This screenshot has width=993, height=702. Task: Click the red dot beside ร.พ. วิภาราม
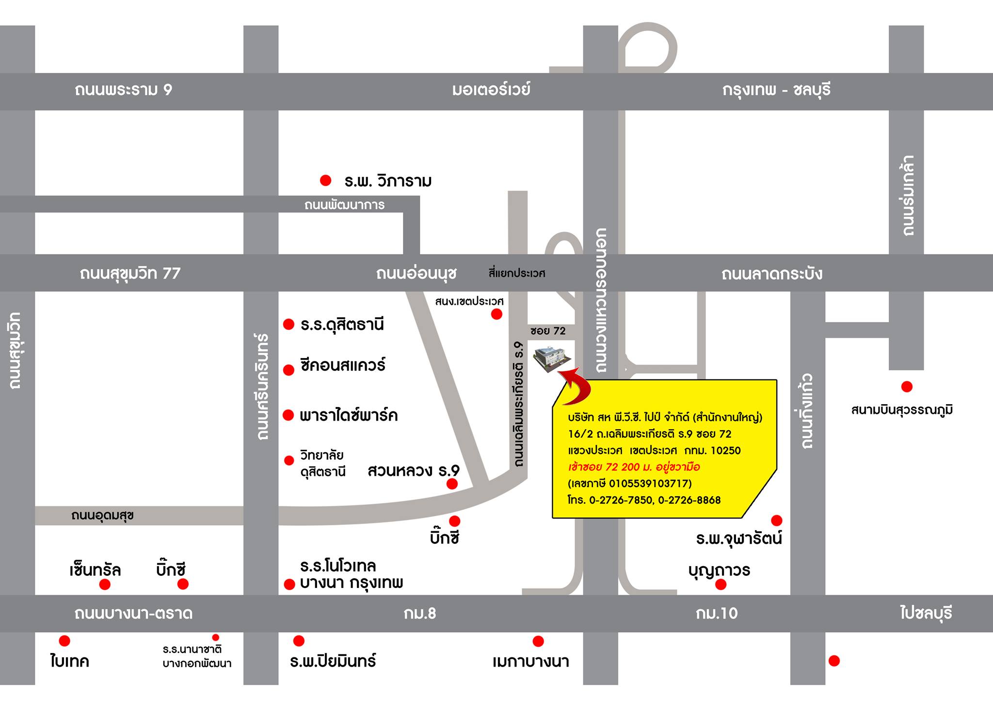(x=325, y=180)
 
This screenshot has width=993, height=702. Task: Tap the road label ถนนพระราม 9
(x=124, y=90)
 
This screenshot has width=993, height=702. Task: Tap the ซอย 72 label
(x=548, y=331)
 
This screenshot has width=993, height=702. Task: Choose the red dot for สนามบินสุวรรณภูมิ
(x=906, y=387)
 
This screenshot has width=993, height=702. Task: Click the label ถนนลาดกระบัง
(x=771, y=274)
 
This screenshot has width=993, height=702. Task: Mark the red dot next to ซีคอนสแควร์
(x=288, y=370)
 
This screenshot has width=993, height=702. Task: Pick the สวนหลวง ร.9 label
(x=413, y=471)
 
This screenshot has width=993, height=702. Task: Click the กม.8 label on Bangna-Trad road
(x=420, y=614)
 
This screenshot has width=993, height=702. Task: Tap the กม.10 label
(x=717, y=614)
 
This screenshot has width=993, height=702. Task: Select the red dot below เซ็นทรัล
(x=105, y=585)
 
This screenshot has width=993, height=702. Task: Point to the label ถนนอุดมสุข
(x=102, y=515)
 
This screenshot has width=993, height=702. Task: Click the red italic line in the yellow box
(x=634, y=467)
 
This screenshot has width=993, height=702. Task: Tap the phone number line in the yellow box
(x=644, y=500)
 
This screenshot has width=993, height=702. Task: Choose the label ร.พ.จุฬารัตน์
(x=739, y=539)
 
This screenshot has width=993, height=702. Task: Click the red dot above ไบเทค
(x=64, y=641)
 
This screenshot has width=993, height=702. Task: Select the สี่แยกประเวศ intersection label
(x=517, y=274)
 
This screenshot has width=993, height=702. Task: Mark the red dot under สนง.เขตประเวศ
(x=496, y=314)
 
